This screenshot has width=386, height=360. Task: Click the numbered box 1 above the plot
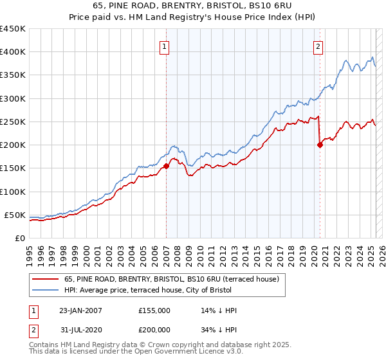pyautogui.click(x=165, y=46)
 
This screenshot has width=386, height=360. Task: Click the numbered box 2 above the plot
pyautogui.click(x=318, y=46)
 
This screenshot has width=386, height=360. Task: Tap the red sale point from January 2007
pyautogui.click(x=166, y=166)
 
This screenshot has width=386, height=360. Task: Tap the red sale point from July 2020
pyautogui.click(x=320, y=145)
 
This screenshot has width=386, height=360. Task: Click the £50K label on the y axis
pyautogui.click(x=15, y=215)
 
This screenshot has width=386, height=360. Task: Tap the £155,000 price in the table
pyautogui.click(x=154, y=310)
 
